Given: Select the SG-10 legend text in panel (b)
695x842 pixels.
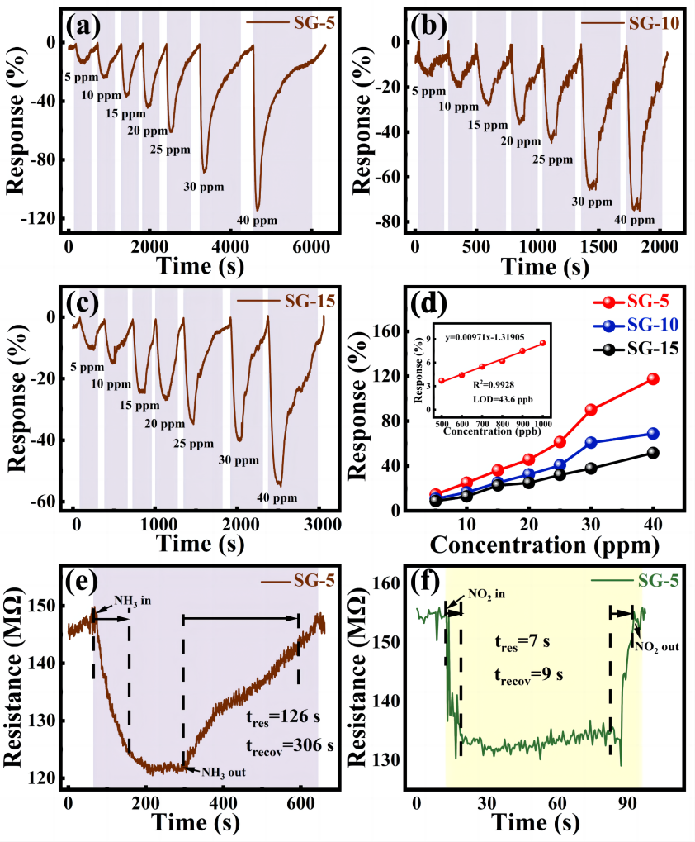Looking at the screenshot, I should (x=654, y=22).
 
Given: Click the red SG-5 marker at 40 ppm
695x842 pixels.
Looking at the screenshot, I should (x=653, y=378).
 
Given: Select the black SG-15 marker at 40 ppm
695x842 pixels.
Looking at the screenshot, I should (x=653, y=453).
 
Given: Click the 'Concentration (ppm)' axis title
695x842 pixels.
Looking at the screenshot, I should (x=545, y=545).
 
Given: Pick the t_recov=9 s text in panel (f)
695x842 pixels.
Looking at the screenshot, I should (x=528, y=673).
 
